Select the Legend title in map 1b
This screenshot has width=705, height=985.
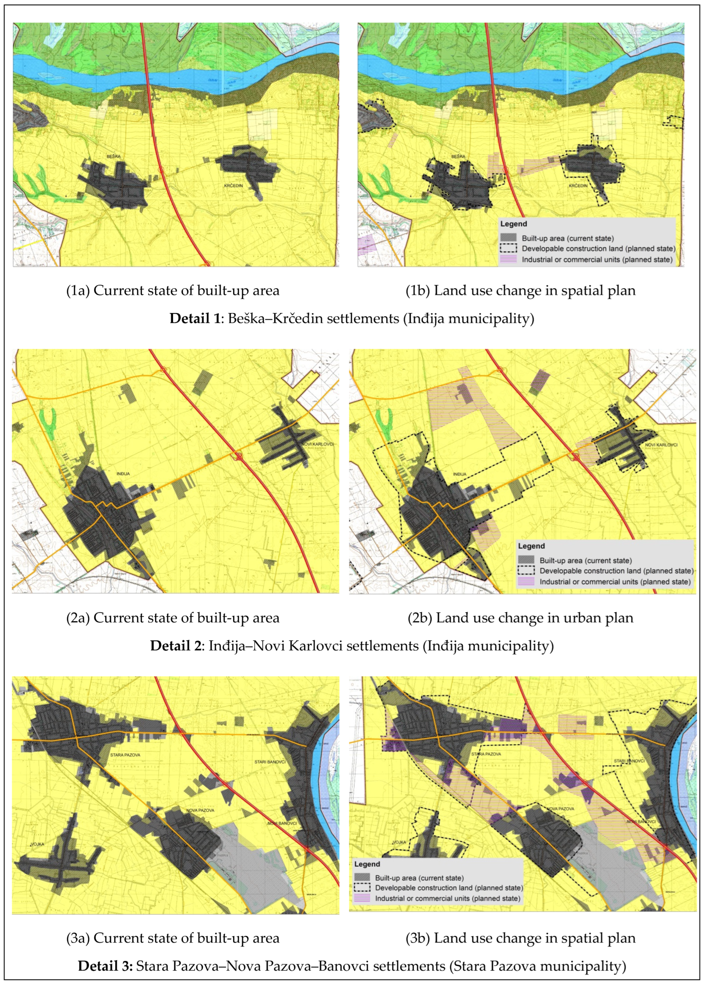click(x=514, y=224)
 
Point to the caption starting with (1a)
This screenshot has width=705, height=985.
click(x=172, y=290)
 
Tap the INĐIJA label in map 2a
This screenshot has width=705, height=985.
click(x=123, y=474)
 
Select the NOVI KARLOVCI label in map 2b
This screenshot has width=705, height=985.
click(x=661, y=445)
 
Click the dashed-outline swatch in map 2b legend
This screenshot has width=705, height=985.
click(x=526, y=571)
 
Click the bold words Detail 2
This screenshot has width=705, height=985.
click(x=176, y=646)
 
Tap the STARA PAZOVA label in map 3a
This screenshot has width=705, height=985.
click(x=125, y=755)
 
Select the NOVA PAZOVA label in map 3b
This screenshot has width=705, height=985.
click(x=560, y=809)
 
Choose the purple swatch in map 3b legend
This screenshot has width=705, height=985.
click(x=362, y=898)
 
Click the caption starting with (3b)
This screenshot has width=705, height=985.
click(x=520, y=938)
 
